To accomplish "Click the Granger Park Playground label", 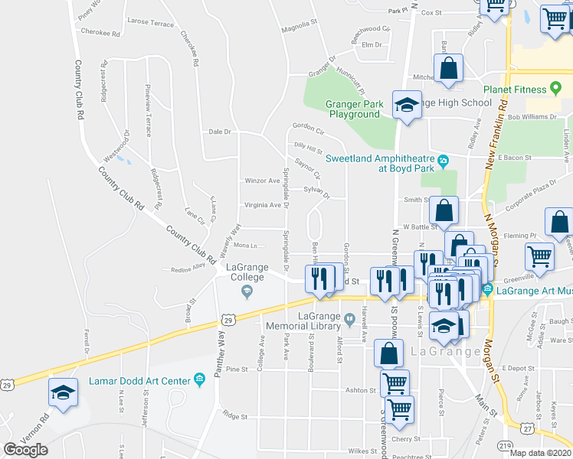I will tap(354, 109).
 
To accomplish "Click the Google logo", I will tap(25, 450).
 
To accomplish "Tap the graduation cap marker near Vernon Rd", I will tap(63, 393).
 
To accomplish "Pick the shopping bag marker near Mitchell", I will tap(449, 68).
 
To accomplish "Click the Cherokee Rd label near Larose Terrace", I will tap(105, 34).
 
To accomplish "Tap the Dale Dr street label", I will tap(219, 132).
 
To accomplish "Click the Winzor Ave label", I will tap(262, 181).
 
